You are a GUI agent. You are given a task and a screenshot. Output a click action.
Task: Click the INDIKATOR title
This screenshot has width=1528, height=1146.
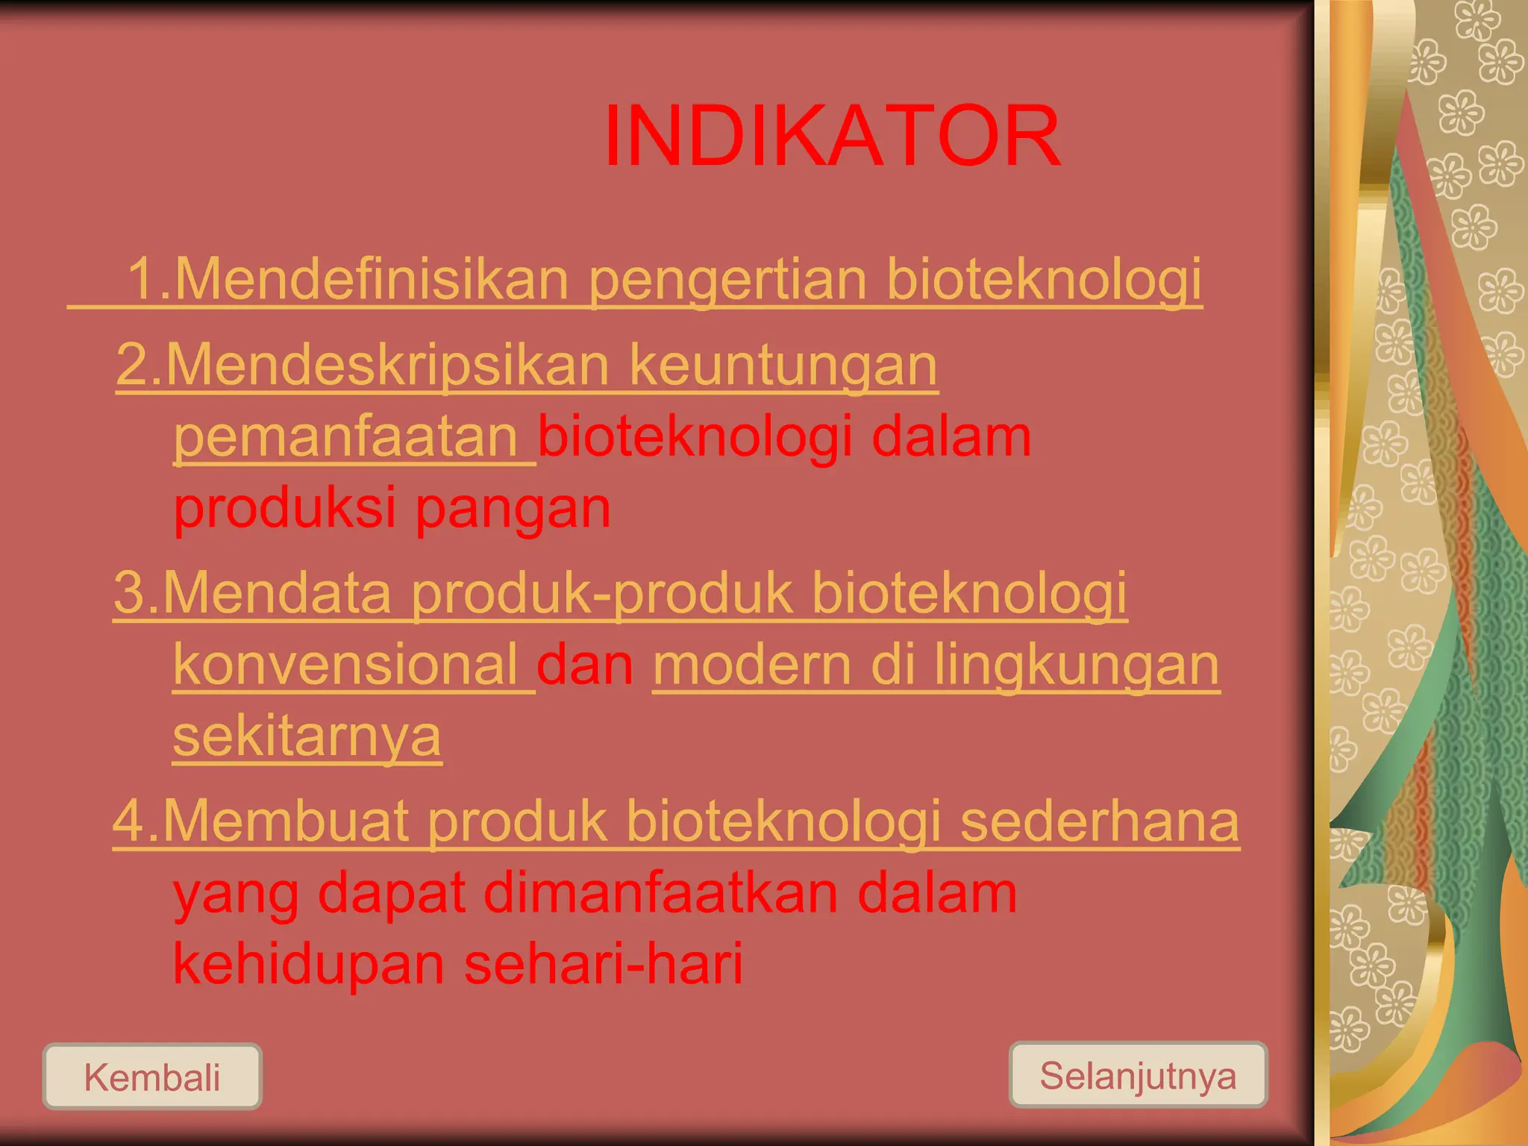point(831,137)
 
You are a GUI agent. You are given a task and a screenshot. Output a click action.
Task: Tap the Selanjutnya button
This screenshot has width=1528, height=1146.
point(1138,1075)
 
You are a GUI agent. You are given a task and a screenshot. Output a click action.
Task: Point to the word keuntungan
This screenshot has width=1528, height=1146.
point(783,366)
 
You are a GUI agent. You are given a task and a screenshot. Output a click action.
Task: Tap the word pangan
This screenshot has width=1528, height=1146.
point(513,509)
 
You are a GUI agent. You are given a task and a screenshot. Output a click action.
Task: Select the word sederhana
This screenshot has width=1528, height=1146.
point(1099,821)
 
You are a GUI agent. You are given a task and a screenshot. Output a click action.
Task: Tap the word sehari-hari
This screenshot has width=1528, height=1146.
point(603,963)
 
